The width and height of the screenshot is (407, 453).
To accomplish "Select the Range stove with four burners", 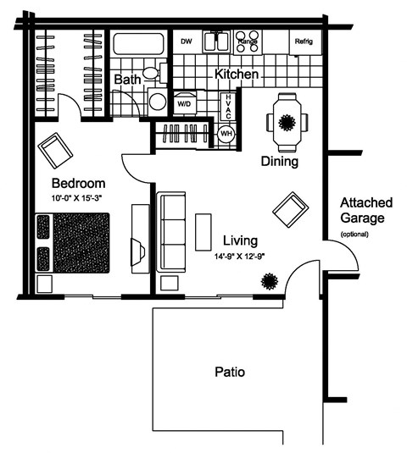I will [x=248, y=43].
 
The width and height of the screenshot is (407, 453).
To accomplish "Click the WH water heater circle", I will [x=226, y=135].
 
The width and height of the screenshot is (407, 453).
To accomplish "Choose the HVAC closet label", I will [x=227, y=107].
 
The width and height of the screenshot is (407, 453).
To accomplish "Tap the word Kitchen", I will [x=236, y=75].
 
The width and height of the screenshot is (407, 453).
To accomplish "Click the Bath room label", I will [x=128, y=79].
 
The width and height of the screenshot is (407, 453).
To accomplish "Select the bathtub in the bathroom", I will [x=141, y=45].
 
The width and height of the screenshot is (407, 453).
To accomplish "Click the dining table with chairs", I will [x=283, y=121].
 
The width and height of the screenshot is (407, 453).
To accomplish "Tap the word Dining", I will [x=279, y=162].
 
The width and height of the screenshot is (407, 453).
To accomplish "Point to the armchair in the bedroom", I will [x=57, y=151].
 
